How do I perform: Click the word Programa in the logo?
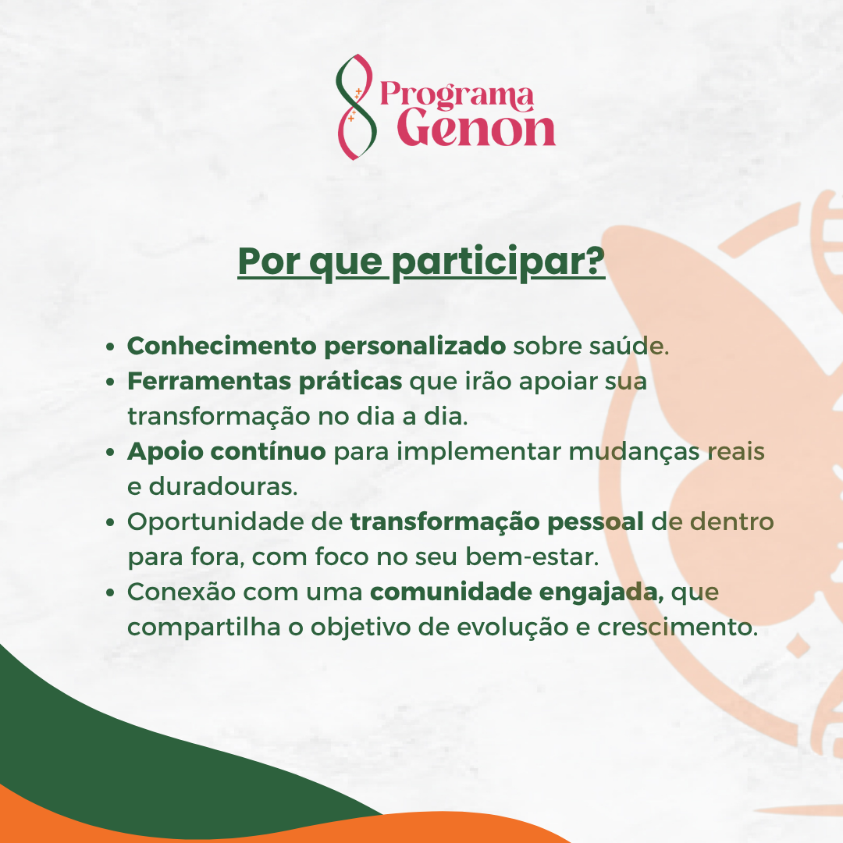point(457,94)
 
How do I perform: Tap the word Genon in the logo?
point(476,128)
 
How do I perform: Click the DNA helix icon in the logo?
point(354,107)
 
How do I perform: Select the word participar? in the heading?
point(498,262)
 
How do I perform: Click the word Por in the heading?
point(269,261)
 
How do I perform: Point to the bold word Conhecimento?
point(222,346)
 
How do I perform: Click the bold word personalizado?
point(414,347)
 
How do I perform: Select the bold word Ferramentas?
point(209,381)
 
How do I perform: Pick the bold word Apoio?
point(165,452)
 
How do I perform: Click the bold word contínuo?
point(268,450)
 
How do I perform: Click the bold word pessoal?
point(595,522)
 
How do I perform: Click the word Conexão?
point(181,592)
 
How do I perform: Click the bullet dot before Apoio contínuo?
point(110,452)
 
